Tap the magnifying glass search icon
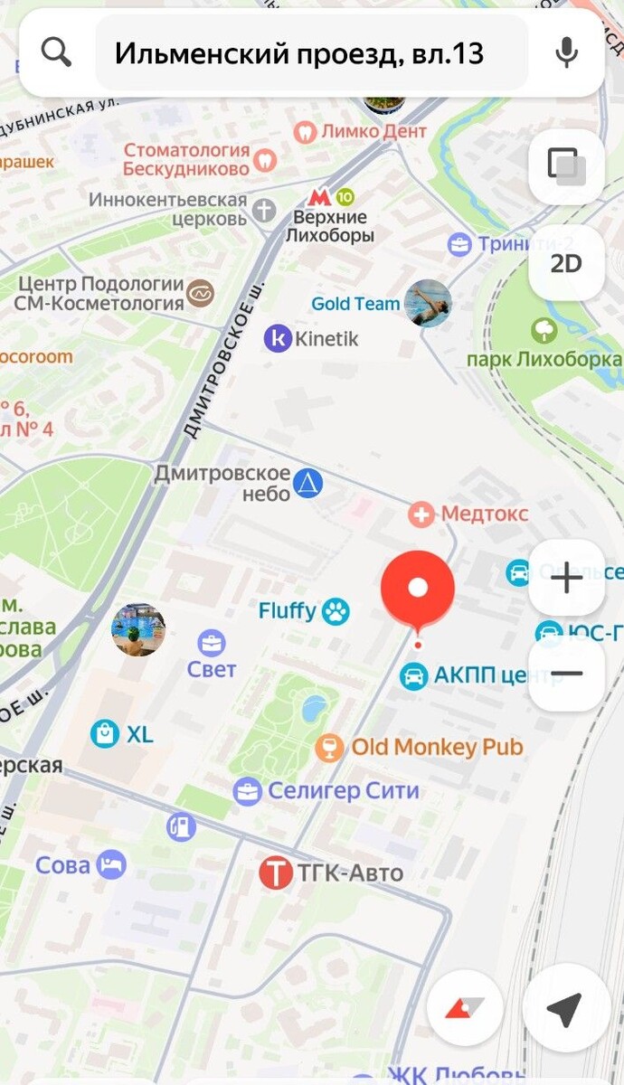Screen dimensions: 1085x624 (x=56, y=53)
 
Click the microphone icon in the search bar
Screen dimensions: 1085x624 (x=567, y=53)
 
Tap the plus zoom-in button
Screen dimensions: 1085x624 (x=567, y=578)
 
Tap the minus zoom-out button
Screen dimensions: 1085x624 (x=567, y=674)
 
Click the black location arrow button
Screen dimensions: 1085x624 (x=565, y=1009)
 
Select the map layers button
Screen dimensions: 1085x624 (x=567, y=166)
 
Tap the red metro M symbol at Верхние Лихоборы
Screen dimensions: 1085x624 (x=317, y=196)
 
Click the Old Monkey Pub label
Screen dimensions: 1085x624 (x=437, y=747)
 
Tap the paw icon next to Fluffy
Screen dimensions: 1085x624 (x=336, y=611)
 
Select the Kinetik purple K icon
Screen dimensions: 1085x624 (x=278, y=339)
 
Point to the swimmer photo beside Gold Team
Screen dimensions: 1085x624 (x=428, y=304)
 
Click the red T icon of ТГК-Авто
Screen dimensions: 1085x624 (x=276, y=873)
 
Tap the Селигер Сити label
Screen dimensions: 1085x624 (x=344, y=791)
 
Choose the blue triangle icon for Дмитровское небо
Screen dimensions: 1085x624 (x=308, y=484)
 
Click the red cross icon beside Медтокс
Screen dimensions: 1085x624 (x=421, y=514)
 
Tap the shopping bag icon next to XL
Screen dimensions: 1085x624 (x=105, y=734)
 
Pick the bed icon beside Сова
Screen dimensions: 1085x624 (x=111, y=864)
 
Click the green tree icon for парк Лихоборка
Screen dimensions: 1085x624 (x=544, y=330)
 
